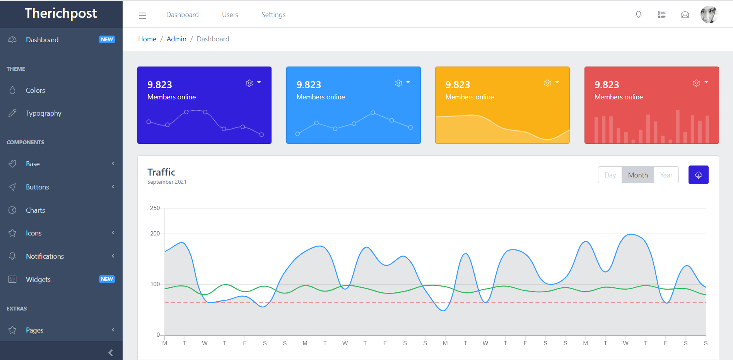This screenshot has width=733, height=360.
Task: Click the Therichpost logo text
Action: pyautogui.click(x=61, y=14)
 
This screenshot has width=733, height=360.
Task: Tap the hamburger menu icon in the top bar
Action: pyautogui.click(x=142, y=15)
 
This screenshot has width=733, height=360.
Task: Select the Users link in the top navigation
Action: pyautogui.click(x=230, y=15)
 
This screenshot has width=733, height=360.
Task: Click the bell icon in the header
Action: pyautogui.click(x=638, y=15)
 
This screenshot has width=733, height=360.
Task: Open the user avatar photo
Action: pyautogui.click(x=709, y=15)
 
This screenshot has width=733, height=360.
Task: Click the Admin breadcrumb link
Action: pyautogui.click(x=176, y=39)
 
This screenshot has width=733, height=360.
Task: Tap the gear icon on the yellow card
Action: pyautogui.click(x=547, y=83)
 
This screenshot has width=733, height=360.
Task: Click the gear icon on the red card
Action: pyautogui.click(x=696, y=83)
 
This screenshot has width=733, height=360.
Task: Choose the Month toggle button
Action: pyautogui.click(x=637, y=175)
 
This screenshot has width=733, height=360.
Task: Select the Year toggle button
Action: pyautogui.click(x=666, y=175)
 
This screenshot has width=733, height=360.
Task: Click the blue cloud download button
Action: pyautogui.click(x=698, y=175)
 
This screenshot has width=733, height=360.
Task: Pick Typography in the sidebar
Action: pyautogui.click(x=43, y=113)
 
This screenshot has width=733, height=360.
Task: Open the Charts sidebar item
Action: pyautogui.click(x=35, y=210)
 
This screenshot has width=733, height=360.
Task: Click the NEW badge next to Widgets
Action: pyautogui.click(x=107, y=279)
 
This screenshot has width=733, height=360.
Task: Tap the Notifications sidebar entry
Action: pyautogui.click(x=45, y=256)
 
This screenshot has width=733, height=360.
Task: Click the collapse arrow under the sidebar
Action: pyautogui.click(x=111, y=352)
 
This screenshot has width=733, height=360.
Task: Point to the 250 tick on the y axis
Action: pyautogui.click(x=155, y=208)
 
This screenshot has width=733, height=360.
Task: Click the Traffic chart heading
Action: pyautogui.click(x=161, y=172)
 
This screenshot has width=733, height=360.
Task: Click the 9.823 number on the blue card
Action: pyautogui.click(x=309, y=85)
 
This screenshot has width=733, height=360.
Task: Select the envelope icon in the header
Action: pyautogui.click(x=685, y=15)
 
